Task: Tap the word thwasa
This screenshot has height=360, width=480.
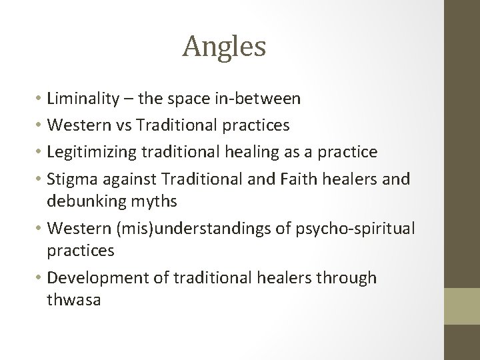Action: pos(73,300)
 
